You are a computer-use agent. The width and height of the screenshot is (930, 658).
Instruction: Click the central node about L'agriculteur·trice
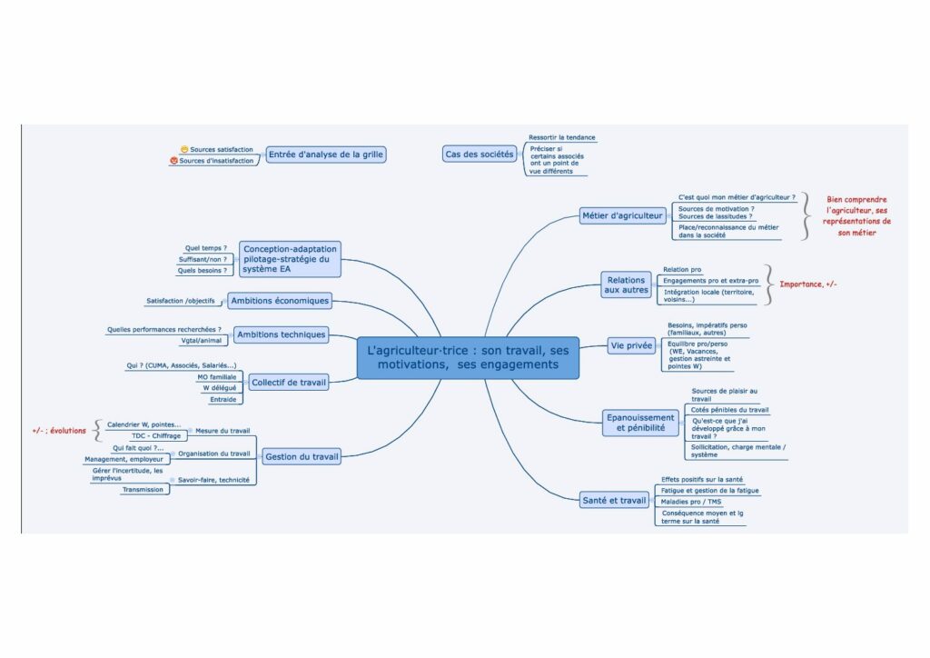468,357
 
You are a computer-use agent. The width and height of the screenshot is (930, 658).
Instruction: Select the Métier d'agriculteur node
623,215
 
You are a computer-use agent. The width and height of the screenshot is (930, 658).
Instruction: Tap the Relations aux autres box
627,285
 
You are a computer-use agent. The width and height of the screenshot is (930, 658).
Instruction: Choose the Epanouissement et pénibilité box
640,422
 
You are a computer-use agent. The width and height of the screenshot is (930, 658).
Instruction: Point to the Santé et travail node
615,499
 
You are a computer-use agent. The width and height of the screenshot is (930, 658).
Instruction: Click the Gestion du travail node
301,457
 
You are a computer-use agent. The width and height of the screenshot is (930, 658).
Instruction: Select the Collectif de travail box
288,383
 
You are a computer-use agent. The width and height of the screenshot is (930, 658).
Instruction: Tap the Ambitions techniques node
281,334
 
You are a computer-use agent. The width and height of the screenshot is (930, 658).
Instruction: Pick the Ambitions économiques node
280,301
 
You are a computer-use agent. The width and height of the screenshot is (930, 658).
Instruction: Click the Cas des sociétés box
479,155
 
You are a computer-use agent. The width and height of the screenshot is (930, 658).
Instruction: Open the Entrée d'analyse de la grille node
325,155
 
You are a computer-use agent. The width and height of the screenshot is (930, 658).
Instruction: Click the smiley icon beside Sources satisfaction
184,149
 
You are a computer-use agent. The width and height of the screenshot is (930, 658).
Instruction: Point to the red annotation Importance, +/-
808,284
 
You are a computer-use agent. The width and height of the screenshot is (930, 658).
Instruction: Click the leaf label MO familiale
216,376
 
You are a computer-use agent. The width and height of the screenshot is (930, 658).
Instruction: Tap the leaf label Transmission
143,489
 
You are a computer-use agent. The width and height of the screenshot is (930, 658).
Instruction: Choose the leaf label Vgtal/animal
201,341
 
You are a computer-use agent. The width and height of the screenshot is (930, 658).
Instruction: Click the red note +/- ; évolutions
59,430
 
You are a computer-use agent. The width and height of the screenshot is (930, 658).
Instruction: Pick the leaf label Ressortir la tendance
562,137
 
